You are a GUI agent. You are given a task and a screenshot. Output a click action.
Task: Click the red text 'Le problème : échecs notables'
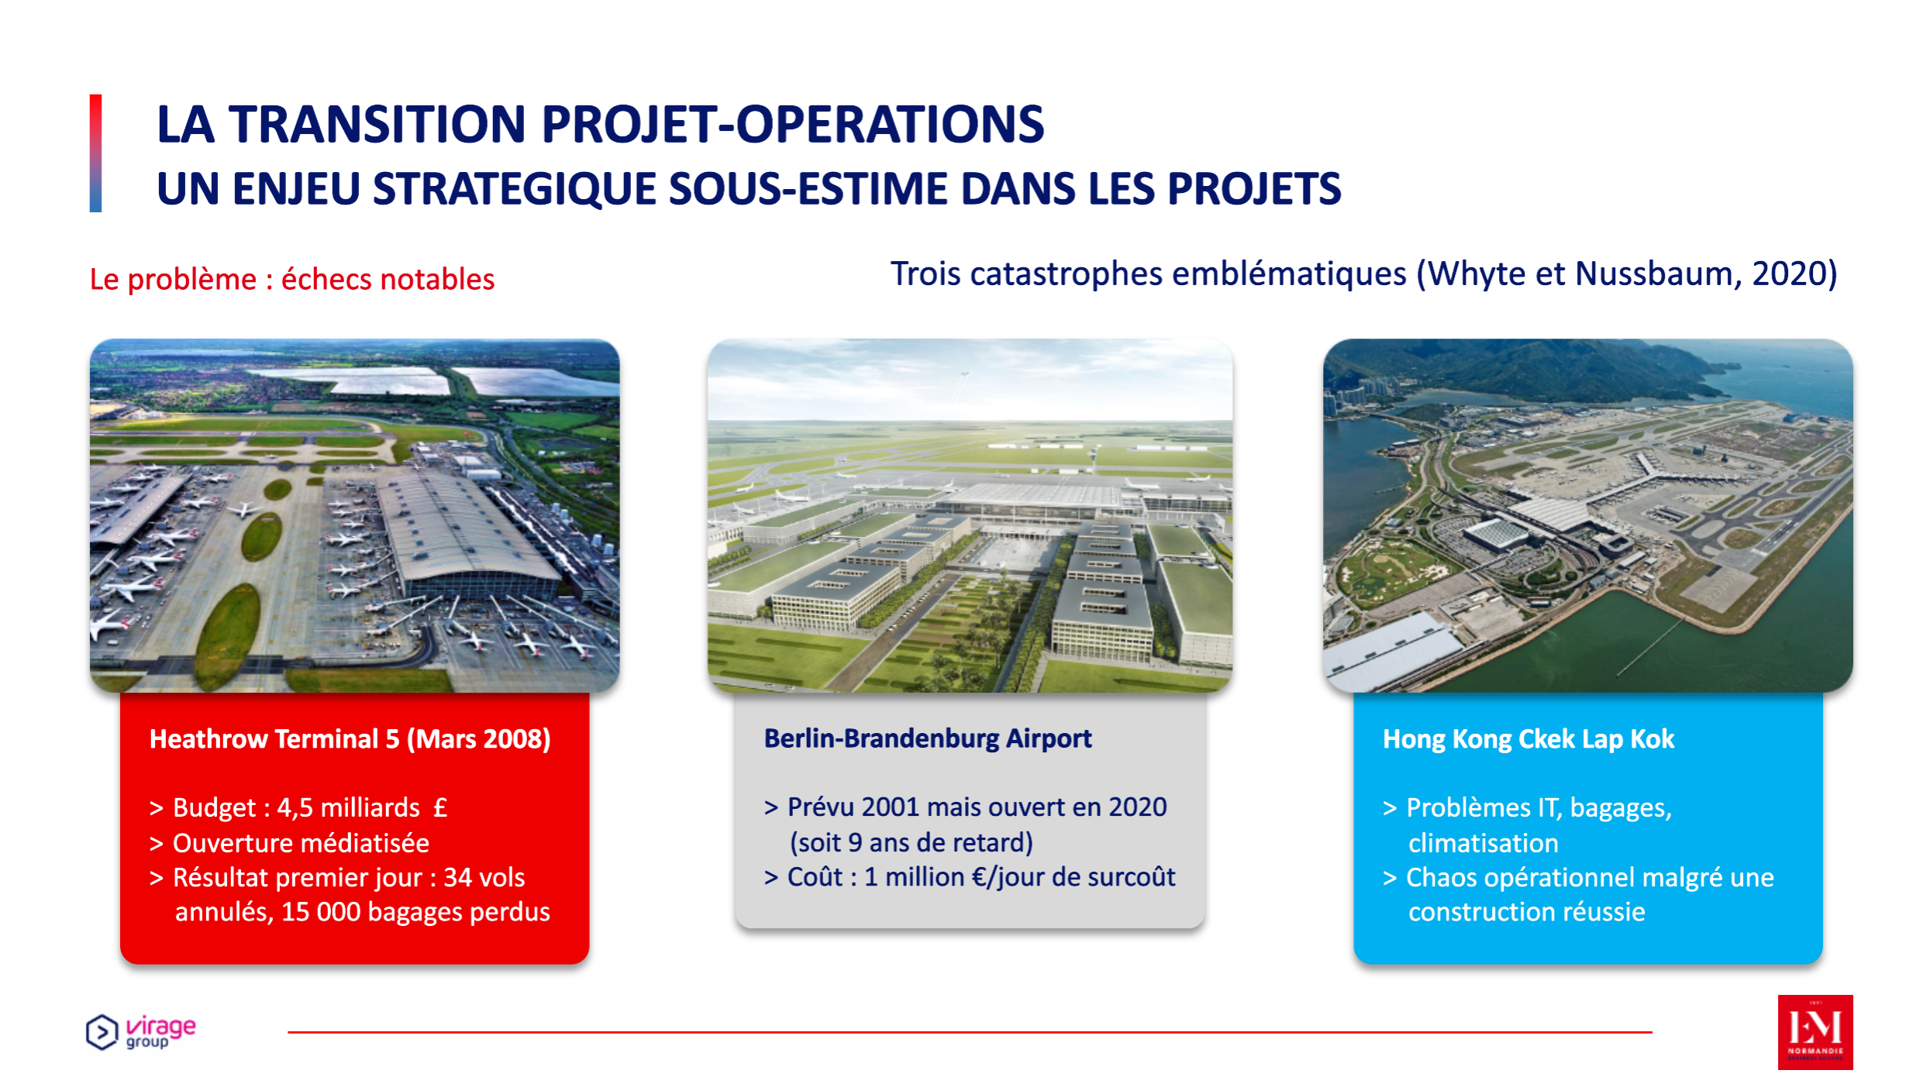coord(291,279)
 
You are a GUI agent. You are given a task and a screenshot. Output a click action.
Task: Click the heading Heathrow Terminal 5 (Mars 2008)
coord(350,738)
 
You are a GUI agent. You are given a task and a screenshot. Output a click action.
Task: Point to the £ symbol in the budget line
coord(440,807)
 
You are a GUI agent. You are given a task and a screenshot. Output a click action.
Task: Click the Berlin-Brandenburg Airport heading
coord(927,738)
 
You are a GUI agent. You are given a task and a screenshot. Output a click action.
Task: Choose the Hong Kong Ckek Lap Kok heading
coord(1528,738)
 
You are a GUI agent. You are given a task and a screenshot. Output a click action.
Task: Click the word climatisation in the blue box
coord(1483,843)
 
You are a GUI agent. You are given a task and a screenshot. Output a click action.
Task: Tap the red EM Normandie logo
coord(1815,1031)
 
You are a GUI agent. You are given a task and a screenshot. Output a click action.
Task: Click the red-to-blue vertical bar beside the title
coord(95,153)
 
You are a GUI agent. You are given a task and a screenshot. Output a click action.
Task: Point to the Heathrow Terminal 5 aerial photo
coord(354,515)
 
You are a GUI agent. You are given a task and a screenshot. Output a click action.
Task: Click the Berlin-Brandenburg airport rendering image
coord(970,515)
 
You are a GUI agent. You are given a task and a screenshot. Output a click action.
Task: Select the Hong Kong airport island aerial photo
coord(1587,515)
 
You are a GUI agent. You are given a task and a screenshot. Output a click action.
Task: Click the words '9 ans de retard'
coord(929,842)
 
